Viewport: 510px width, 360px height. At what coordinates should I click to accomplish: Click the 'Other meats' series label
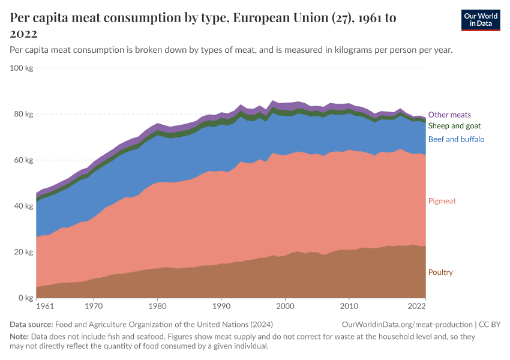[x=449, y=115]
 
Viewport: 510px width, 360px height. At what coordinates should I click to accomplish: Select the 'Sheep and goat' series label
[x=454, y=126]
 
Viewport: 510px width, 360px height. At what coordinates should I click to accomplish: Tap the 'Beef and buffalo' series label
[x=456, y=139]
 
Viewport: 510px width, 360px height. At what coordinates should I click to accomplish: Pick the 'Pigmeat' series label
[x=442, y=201]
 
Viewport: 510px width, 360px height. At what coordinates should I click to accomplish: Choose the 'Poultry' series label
[x=440, y=272]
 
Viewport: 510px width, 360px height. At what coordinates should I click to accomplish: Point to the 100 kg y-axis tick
[x=22, y=68]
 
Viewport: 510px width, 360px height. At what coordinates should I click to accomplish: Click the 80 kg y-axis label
[x=23, y=114]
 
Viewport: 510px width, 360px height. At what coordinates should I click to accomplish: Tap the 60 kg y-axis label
[x=23, y=160]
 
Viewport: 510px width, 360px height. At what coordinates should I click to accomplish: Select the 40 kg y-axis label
[x=23, y=206]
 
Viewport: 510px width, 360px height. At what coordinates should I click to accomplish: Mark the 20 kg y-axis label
[x=23, y=252]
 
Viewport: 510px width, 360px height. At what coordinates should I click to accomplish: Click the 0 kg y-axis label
[x=26, y=298]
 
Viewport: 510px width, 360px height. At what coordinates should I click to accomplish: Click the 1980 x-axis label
[x=157, y=307]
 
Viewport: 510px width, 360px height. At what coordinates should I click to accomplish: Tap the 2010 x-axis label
[x=349, y=307]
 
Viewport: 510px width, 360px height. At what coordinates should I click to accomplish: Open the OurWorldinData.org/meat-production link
[x=407, y=324]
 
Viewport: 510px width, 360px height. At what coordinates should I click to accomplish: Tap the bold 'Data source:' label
[x=32, y=324]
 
